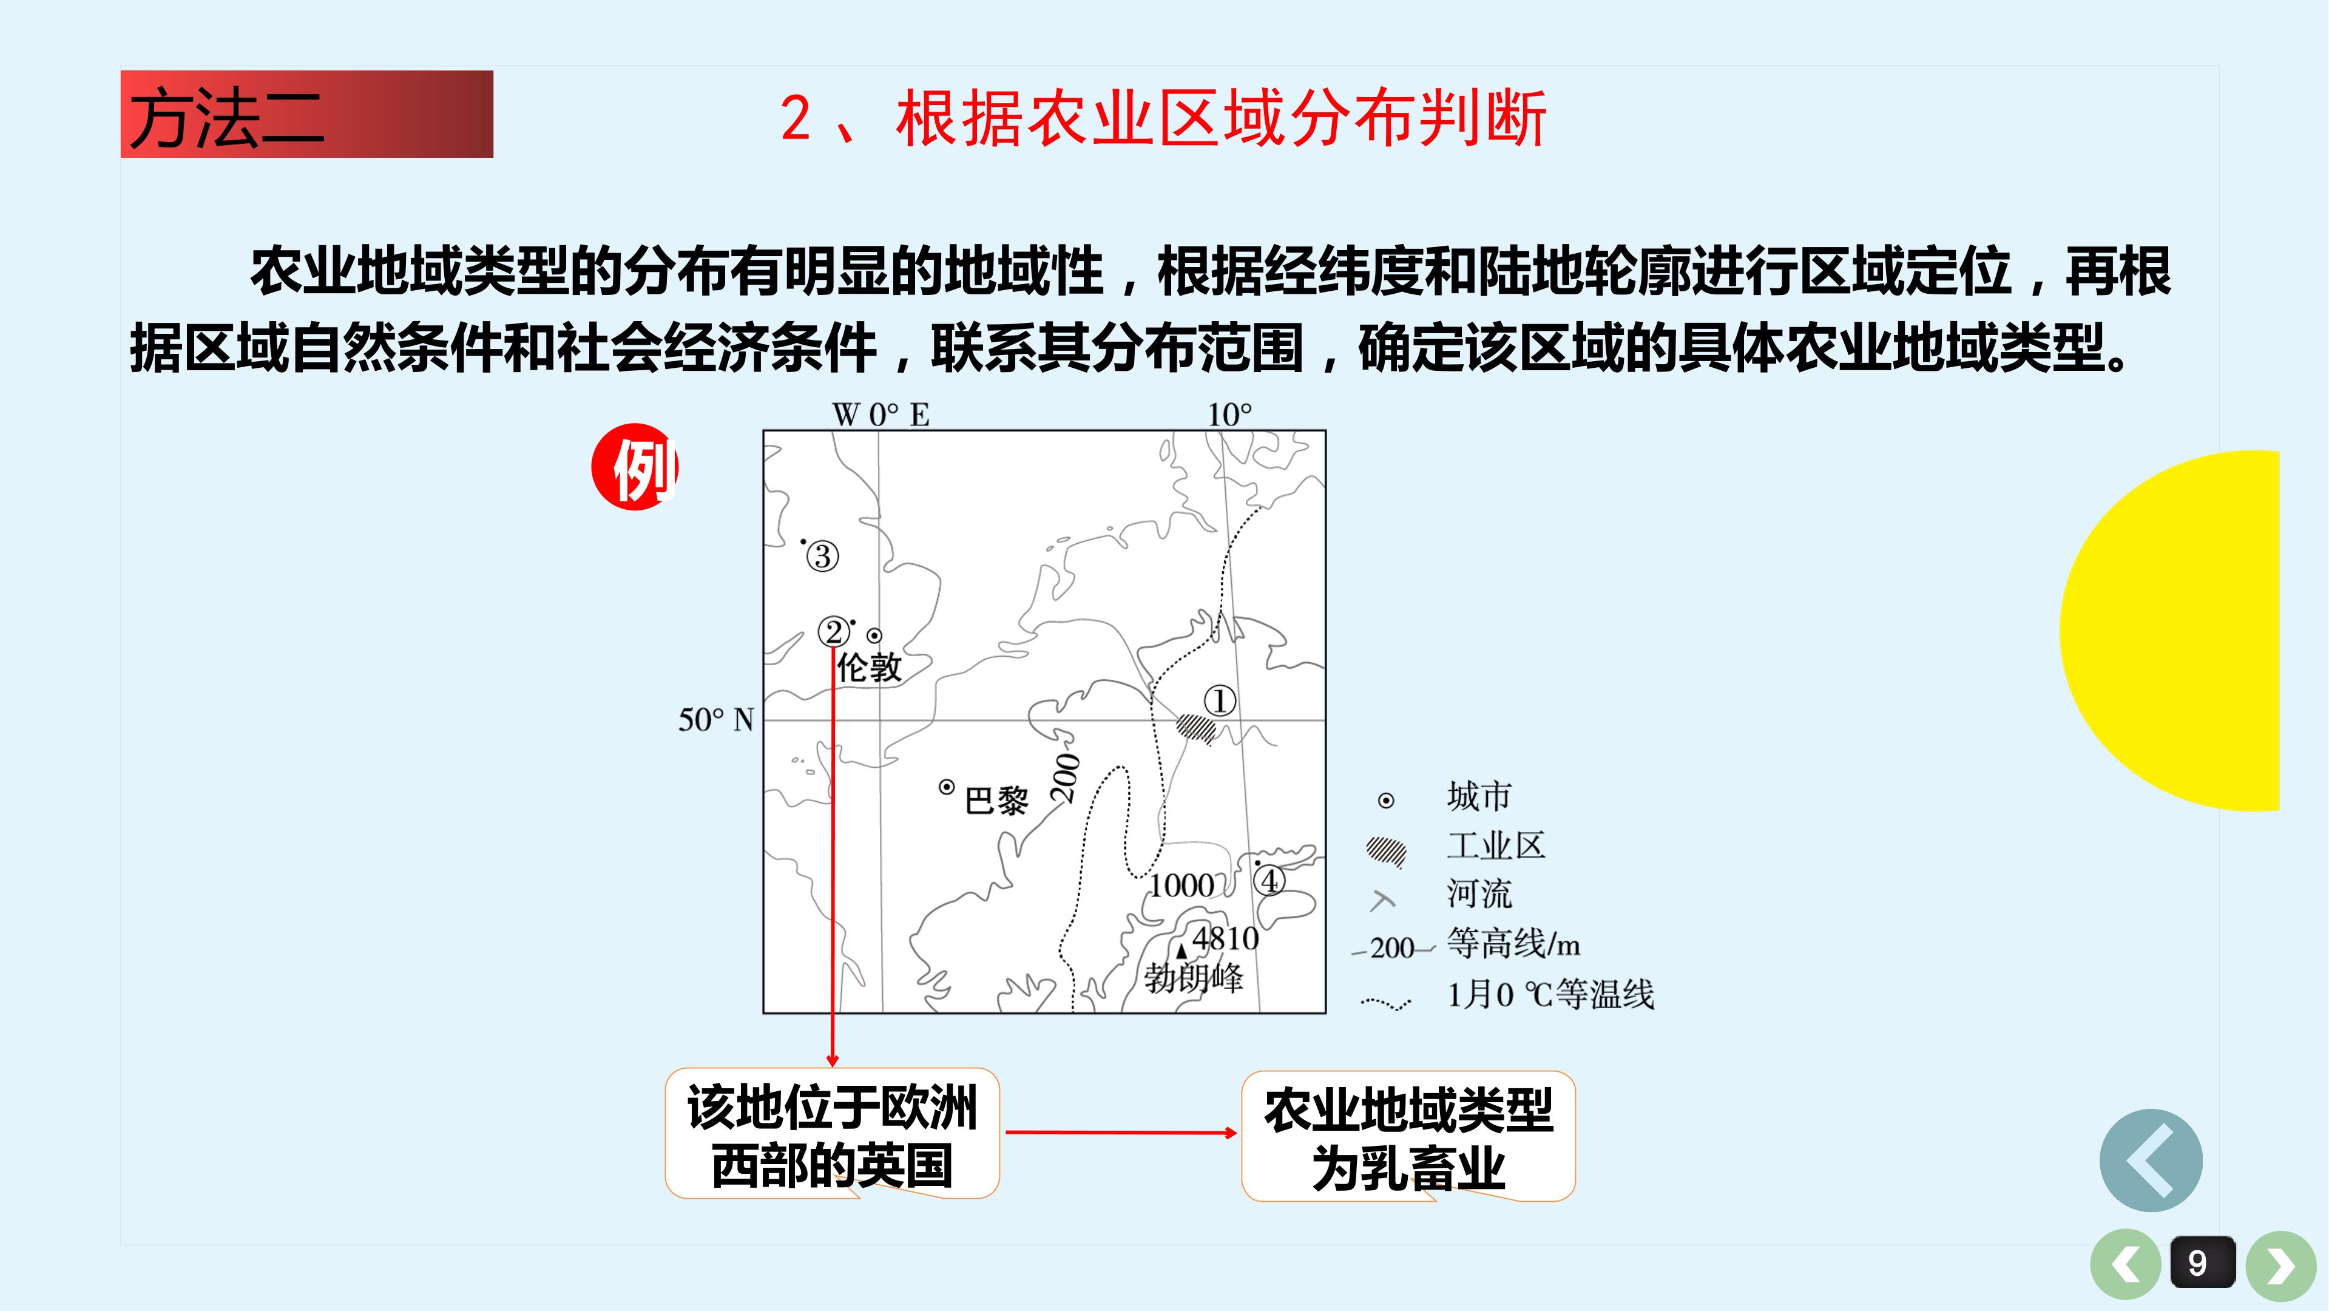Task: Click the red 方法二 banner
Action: (306, 114)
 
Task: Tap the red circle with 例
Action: (635, 467)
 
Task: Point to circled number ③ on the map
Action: (822, 556)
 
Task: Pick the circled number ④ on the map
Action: (1269, 879)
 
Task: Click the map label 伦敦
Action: (869, 667)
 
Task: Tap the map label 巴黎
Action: (996, 800)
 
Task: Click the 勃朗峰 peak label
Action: (1194, 977)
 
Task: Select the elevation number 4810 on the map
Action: (1225, 938)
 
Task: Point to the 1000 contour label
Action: (1181, 885)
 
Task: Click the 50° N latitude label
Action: (716, 720)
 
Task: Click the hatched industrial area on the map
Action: (1196, 728)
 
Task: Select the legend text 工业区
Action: (1496, 845)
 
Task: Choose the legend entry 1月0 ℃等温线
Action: (1550, 995)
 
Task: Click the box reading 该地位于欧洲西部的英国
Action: (832, 1134)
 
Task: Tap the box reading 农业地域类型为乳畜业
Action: (1408, 1136)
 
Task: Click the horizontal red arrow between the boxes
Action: (1121, 1132)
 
